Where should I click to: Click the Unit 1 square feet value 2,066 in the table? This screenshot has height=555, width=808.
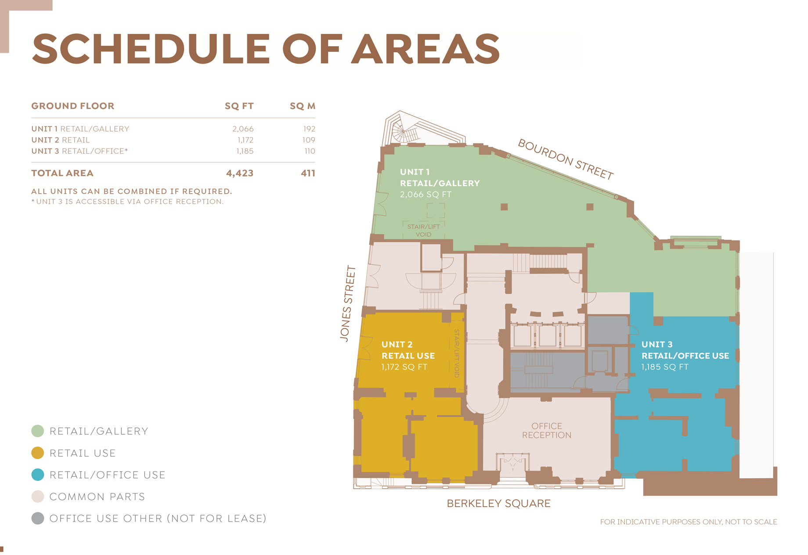(243, 129)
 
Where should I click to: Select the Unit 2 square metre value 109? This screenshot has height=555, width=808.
(309, 140)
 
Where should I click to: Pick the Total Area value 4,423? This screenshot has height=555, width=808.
(240, 173)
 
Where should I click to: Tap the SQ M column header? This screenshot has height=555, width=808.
(303, 106)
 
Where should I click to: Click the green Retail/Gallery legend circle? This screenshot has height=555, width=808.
(38, 431)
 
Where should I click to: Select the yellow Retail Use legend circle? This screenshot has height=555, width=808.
(38, 453)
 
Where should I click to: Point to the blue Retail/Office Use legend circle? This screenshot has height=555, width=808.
(38, 475)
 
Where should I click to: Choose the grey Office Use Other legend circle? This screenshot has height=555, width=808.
(38, 519)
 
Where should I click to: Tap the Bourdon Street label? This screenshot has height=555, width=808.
(566, 159)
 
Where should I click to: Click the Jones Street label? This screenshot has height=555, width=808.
(347, 303)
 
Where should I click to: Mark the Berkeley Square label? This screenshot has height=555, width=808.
(498, 504)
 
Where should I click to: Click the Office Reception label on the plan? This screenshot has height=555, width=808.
(547, 431)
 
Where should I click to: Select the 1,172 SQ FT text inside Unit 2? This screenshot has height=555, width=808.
(404, 367)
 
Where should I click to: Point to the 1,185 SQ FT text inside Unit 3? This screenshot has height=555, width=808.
(665, 367)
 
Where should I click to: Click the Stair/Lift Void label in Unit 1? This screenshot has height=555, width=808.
(423, 231)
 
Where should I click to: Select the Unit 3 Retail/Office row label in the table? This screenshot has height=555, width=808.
(79, 151)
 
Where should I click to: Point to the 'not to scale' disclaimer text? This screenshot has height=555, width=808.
(689, 522)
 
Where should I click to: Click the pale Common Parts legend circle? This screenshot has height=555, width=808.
(38, 497)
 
